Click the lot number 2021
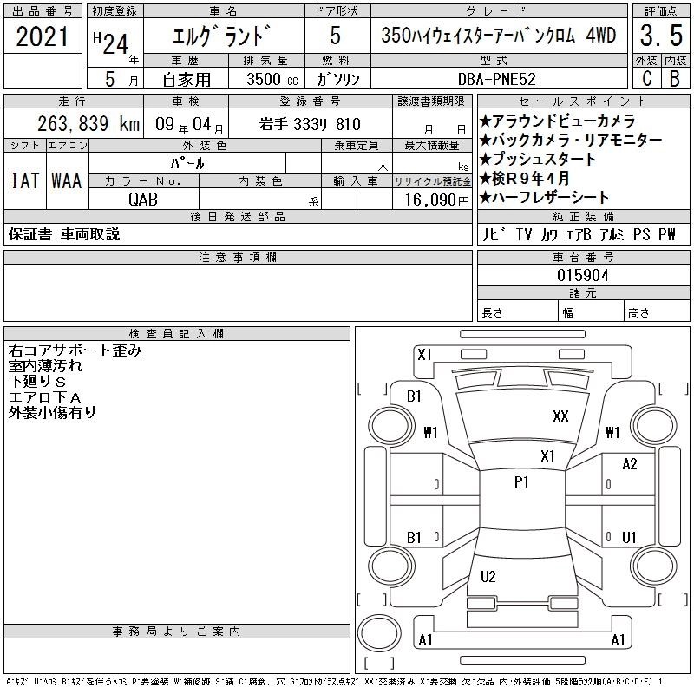point(42,36)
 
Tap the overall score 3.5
point(661,36)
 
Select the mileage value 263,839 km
point(88,124)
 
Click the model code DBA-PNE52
point(496,79)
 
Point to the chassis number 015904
point(583,276)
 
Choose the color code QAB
point(143,200)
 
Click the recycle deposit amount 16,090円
point(437,200)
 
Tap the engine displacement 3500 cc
point(272,79)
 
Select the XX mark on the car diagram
point(560,416)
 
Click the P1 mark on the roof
point(521,481)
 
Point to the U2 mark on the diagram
point(488,576)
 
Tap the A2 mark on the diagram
point(630,464)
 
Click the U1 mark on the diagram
point(629,537)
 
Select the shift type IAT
point(25,180)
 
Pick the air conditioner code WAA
point(67,180)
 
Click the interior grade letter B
point(675,79)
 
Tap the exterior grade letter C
point(647,79)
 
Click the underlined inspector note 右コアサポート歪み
point(75,350)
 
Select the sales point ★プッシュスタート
point(538,159)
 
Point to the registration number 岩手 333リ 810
point(310,124)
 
